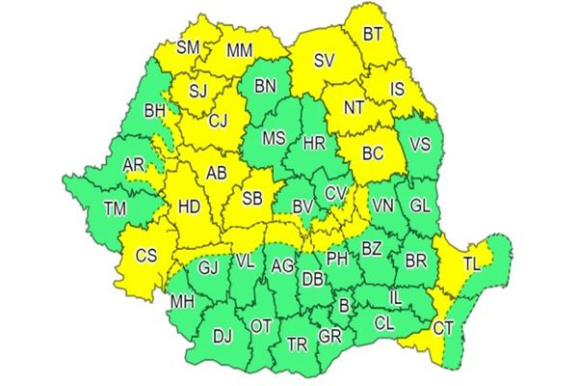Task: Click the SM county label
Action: (x=190, y=46)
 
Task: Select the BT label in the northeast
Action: (x=373, y=35)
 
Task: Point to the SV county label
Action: (x=325, y=62)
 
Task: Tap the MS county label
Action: (x=274, y=138)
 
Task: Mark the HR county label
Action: (x=314, y=143)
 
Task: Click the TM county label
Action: (x=114, y=208)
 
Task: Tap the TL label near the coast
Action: (x=472, y=262)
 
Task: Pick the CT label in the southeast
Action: (x=443, y=328)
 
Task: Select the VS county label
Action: (x=420, y=145)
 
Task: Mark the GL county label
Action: (x=420, y=206)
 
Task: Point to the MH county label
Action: (x=181, y=302)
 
